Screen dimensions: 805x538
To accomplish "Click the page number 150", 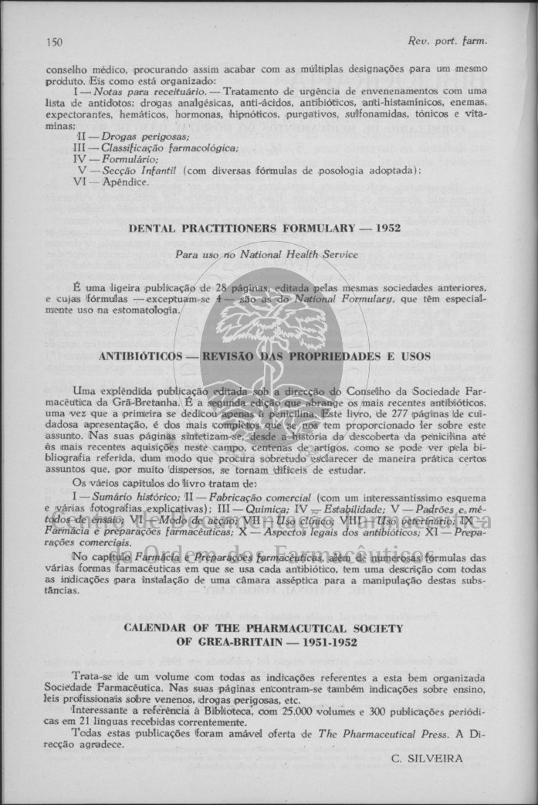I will [54, 40].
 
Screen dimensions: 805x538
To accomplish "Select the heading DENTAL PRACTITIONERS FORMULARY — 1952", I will [265, 229].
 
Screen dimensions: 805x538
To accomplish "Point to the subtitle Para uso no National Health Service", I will [262, 254].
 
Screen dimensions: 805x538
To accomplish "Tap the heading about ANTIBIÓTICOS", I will [264, 357].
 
